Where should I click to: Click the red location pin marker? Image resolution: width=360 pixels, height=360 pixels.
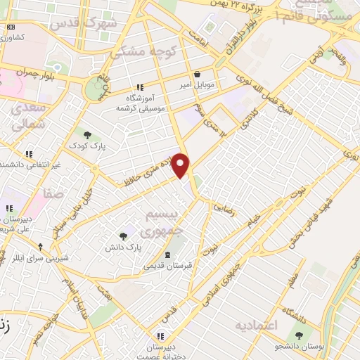tap(181, 165)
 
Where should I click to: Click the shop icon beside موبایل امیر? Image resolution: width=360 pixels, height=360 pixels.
tap(197, 74)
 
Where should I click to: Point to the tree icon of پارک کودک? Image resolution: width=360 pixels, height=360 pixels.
tap(87, 134)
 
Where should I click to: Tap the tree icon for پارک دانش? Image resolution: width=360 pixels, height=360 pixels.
tap(124, 236)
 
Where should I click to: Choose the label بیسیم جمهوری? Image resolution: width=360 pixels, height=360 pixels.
tap(161, 221)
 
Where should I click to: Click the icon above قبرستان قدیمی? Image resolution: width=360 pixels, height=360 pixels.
tap(167, 255)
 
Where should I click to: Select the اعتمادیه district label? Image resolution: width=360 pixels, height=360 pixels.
tap(257, 325)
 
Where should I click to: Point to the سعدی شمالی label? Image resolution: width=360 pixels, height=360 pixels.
tap(27, 116)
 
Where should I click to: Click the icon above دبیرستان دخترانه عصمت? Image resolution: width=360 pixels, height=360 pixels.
tap(161, 336)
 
